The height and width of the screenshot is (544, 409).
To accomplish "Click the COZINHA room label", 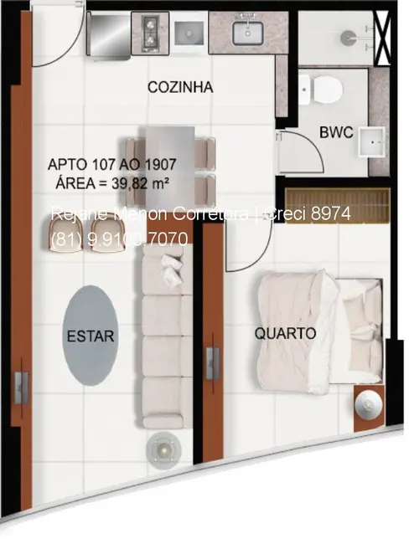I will (180, 86).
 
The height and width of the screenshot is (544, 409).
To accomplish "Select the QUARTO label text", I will (286, 333).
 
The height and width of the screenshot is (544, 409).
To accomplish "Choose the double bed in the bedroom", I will (318, 328).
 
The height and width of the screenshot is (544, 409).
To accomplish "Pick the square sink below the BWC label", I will (366, 144).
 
